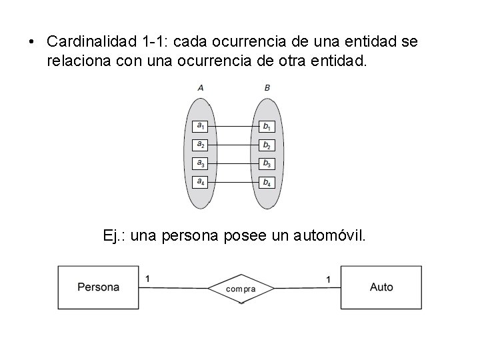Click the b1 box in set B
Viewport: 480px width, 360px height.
pyautogui.click(x=267, y=126)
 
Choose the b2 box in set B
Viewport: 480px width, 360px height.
pyautogui.click(x=267, y=145)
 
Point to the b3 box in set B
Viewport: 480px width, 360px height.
pyautogui.click(x=267, y=163)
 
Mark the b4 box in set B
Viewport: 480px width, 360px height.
pyautogui.click(x=267, y=181)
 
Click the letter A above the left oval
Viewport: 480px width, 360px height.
pyautogui.click(x=201, y=88)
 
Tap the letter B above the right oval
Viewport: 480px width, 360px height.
pyautogui.click(x=267, y=88)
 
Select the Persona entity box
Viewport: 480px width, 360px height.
pyautogui.click(x=99, y=287)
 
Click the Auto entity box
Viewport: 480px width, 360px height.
pyautogui.click(x=381, y=287)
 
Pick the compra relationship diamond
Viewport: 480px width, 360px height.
pyautogui.click(x=241, y=289)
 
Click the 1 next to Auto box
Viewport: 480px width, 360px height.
pyautogui.click(x=328, y=279)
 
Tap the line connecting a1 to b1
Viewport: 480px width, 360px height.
pyautogui.click(x=233, y=126)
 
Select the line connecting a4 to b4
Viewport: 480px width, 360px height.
pyautogui.click(x=233, y=181)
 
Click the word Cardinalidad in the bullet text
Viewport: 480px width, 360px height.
pyautogui.click(x=92, y=41)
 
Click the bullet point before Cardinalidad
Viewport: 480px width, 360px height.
pyautogui.click(x=31, y=42)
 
